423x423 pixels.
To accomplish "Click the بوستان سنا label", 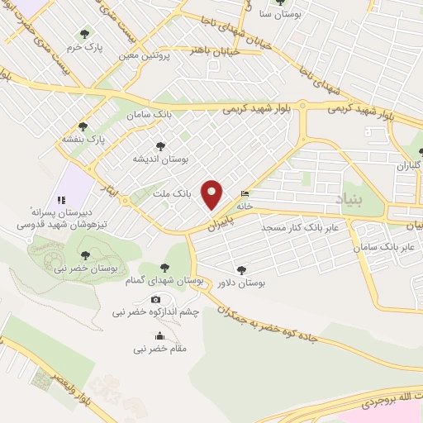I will click(x=277, y=15).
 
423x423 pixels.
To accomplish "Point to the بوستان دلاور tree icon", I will click(x=240, y=269).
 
